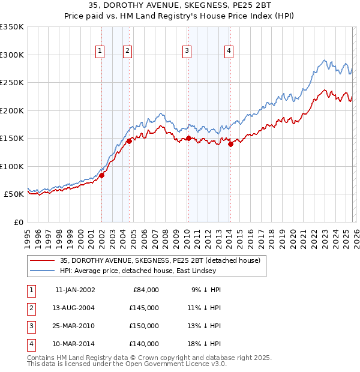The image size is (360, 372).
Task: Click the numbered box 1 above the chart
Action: coord(100,52)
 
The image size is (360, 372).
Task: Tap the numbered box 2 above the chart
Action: coord(128,52)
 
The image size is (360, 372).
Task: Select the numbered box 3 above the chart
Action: coord(187,52)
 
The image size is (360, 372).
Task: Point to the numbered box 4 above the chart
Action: coord(229,52)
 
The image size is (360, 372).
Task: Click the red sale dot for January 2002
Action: coord(102,175)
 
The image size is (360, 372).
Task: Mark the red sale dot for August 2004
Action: coord(129,142)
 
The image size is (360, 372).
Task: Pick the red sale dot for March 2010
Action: coord(188,139)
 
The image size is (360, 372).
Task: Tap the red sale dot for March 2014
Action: coord(230,144)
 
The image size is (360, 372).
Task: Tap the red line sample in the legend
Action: coord(42,260)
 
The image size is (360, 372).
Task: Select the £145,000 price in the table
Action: coord(144,307)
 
